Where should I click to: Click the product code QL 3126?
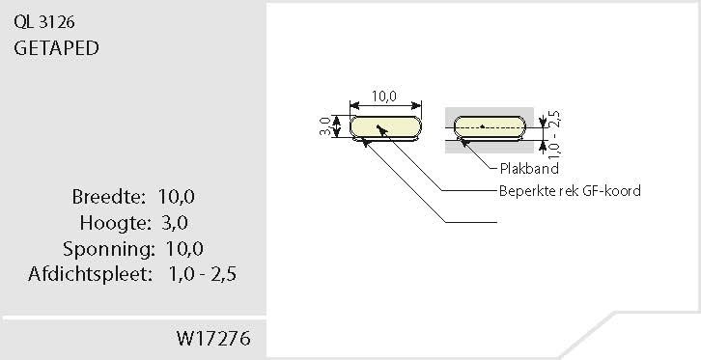44,22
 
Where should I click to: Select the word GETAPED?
56,48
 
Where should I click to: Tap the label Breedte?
109,197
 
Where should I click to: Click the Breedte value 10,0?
176,197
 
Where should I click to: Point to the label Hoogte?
115,222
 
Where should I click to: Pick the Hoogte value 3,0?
175,222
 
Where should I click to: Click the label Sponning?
109,249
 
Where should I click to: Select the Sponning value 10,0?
184,249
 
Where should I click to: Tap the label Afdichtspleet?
91,274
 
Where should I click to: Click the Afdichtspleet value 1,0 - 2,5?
203,274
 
